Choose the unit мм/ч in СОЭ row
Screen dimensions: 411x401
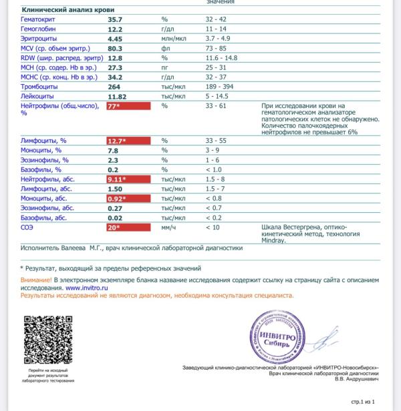point(168,228)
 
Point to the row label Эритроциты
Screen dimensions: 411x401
point(40,39)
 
